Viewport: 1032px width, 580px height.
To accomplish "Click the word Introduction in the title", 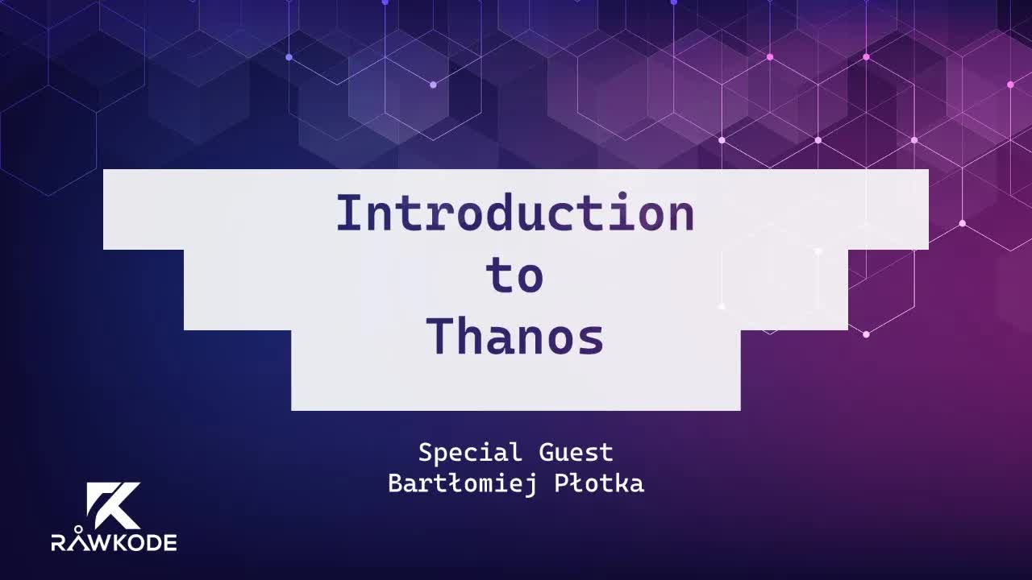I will click(x=514, y=213).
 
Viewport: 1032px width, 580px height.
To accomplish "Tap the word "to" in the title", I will click(x=514, y=276).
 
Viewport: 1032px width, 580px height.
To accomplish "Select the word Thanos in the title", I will click(x=515, y=337).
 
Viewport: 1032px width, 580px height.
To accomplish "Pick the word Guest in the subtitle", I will click(x=576, y=453).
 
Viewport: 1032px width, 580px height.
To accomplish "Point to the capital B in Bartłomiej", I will click(x=395, y=483).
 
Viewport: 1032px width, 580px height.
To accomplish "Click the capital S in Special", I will click(x=425, y=453).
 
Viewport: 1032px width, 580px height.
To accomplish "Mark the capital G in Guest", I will click(x=545, y=453).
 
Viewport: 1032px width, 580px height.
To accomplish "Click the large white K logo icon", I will click(x=113, y=505).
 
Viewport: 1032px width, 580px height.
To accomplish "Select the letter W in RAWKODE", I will click(x=98, y=543).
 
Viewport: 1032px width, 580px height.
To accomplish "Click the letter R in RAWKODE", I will click(x=59, y=543).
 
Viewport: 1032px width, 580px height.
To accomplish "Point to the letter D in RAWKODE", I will click(x=153, y=543).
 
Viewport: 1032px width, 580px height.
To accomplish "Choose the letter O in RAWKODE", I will click(x=135, y=543).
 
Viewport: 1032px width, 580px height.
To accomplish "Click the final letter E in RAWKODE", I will click(x=170, y=543).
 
